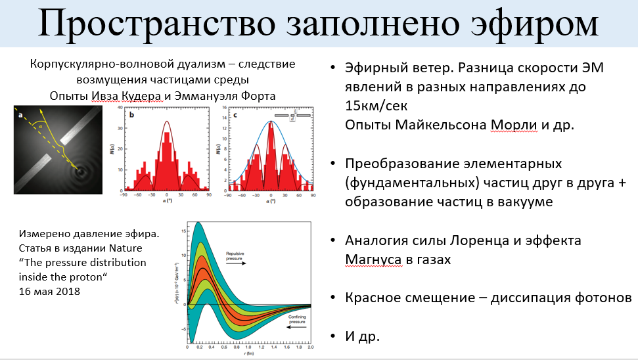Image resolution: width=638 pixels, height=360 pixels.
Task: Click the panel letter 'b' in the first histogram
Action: point(132,114)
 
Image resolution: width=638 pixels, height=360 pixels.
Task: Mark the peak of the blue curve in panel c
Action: point(271,122)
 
